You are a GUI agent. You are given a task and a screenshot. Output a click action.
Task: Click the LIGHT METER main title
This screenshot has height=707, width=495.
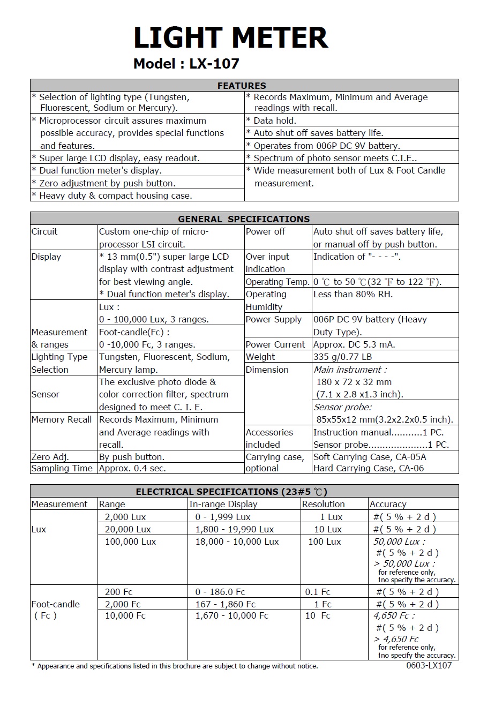(x=230, y=38)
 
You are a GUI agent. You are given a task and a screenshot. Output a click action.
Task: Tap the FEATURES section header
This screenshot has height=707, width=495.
(x=242, y=86)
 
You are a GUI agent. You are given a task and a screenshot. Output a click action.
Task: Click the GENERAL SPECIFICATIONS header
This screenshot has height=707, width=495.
(x=244, y=219)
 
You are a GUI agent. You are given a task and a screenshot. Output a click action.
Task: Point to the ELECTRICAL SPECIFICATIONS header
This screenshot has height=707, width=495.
(x=231, y=492)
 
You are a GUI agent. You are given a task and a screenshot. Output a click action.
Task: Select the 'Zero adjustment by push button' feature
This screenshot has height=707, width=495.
(x=103, y=183)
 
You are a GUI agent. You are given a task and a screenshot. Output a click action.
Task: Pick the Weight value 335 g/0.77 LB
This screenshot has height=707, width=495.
(x=342, y=357)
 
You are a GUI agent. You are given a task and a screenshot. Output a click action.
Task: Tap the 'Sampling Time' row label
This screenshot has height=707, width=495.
(x=62, y=468)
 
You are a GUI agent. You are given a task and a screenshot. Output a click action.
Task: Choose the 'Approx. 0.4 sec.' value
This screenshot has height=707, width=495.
(x=132, y=468)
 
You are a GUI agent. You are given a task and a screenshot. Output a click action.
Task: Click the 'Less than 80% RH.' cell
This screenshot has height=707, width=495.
(x=352, y=295)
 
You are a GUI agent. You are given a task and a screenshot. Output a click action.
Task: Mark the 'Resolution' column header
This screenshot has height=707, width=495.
(x=323, y=504)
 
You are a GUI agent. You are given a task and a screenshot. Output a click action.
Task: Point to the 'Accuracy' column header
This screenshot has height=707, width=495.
(x=388, y=504)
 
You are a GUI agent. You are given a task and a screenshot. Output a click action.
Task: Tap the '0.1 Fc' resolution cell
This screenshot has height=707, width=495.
(x=318, y=592)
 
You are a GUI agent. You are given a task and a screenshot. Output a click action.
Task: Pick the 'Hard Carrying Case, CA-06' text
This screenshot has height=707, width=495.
(x=368, y=468)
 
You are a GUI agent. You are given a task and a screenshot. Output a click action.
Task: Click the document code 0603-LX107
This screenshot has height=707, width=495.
(x=429, y=665)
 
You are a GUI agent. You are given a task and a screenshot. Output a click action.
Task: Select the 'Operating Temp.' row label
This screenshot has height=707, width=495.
(x=277, y=282)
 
